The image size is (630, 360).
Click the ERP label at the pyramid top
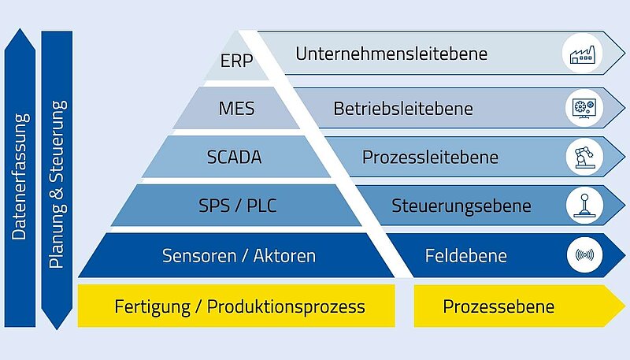tap(236, 61)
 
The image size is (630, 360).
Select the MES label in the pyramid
tap(236, 109)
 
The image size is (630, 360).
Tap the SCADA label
tap(234, 157)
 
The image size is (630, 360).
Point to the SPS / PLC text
tap(238, 206)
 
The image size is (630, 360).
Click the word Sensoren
tap(199, 256)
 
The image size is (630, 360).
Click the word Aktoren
tap(284, 256)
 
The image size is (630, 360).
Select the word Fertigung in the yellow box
tap(152, 307)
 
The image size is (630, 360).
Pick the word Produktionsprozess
tap(286, 307)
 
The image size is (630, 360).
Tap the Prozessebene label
tap(498, 306)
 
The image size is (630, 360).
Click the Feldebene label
tap(466, 256)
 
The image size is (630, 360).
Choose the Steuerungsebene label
tap(461, 206)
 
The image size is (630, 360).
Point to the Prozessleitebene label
tap(430, 157)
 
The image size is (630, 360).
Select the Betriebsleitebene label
tap(403, 109)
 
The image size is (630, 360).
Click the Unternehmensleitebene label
tap(391, 54)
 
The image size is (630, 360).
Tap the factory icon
tap(582, 54)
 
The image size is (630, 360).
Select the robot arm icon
tap(584, 157)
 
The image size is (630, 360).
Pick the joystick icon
tap(584, 206)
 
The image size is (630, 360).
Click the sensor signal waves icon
tap(584, 254)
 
